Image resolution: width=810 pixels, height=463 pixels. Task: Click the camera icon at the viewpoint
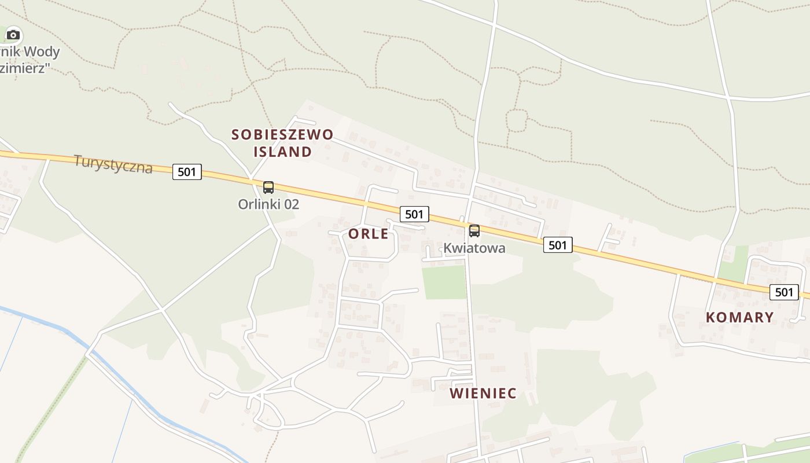pyautogui.click(x=13, y=35)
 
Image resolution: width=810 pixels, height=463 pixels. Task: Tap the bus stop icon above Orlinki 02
pyautogui.click(x=268, y=188)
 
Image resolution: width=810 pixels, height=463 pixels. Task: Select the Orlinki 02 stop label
pyautogui.click(x=268, y=204)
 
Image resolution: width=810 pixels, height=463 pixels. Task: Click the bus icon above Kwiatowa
pyautogui.click(x=474, y=231)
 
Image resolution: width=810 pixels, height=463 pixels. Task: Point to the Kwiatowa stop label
pyautogui.click(x=474, y=248)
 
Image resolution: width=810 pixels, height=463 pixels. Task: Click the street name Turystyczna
pyautogui.click(x=113, y=164)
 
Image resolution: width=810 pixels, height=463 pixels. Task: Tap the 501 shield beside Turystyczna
pyautogui.click(x=187, y=171)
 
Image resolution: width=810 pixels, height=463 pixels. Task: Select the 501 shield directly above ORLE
pyautogui.click(x=414, y=214)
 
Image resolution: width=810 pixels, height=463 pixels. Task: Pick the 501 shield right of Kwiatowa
pyautogui.click(x=558, y=245)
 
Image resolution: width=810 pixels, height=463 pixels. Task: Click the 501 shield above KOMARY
pyautogui.click(x=784, y=292)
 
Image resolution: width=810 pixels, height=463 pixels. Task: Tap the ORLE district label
pyautogui.click(x=369, y=234)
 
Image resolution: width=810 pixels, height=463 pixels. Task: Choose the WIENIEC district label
pyautogui.click(x=483, y=394)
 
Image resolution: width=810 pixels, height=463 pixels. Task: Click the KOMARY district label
pyautogui.click(x=739, y=317)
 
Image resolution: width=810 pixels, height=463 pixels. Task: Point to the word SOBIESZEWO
pyautogui.click(x=282, y=135)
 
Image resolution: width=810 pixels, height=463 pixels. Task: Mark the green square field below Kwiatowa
pyautogui.click(x=444, y=282)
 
